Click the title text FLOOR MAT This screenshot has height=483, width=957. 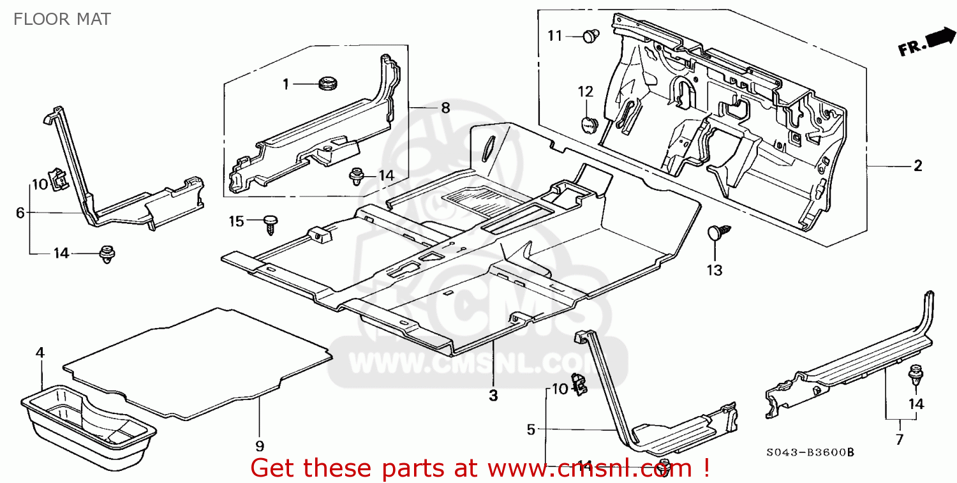(x=62, y=19)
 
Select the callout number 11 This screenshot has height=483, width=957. (x=555, y=36)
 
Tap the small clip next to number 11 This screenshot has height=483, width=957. (x=591, y=36)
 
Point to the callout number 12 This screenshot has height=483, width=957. (x=586, y=91)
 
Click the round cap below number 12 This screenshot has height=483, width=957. (x=589, y=124)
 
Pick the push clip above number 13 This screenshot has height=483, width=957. (x=718, y=234)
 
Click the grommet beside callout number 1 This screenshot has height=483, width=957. (x=327, y=82)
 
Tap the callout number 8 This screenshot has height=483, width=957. (x=445, y=108)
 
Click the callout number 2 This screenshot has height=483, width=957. (x=917, y=167)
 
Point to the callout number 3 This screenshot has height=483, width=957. (x=493, y=396)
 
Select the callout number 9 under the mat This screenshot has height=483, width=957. (x=260, y=446)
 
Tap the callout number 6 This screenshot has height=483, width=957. (x=20, y=212)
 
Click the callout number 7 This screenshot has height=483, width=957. (x=900, y=439)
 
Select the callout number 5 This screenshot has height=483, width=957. (x=531, y=429)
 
